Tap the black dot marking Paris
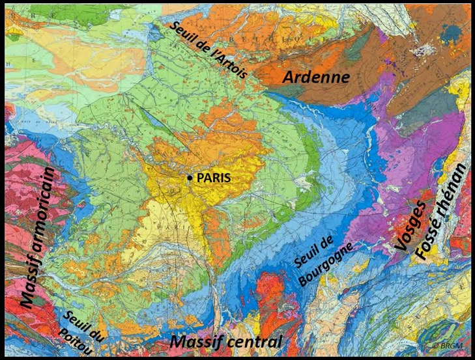tap(190, 178)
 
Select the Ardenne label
tap(316, 77)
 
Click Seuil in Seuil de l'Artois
tap(182, 30)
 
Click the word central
tap(252, 342)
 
